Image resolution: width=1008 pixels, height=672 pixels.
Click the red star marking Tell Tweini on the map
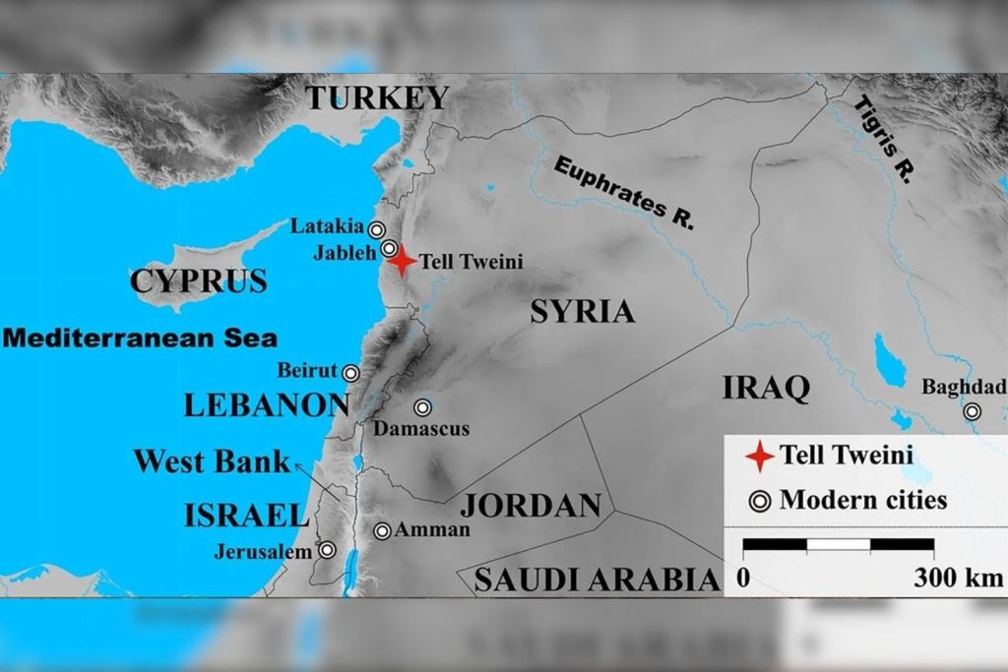(401, 261)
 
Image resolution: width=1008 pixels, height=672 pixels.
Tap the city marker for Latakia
(377, 230)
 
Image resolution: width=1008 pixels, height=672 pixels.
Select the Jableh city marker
(390, 249)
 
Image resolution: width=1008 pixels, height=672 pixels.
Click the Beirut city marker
(350, 373)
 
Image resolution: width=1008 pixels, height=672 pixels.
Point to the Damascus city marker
(422, 407)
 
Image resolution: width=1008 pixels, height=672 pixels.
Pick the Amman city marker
(382, 531)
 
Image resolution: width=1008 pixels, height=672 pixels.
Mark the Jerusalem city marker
(326, 551)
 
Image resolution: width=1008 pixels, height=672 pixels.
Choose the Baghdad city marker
(973, 411)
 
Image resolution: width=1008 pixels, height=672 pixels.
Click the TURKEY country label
(376, 98)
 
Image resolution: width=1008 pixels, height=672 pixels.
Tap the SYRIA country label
(582, 312)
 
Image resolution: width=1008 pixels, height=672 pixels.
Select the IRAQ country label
(766, 388)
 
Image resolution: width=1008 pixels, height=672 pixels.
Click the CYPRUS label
(198, 281)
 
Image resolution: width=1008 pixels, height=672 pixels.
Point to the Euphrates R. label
(624, 193)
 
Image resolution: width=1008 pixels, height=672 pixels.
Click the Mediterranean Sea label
(140, 338)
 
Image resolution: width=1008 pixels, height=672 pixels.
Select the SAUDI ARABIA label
(598, 580)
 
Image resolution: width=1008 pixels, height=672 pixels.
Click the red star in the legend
(759, 457)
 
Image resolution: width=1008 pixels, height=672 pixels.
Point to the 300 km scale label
(958, 578)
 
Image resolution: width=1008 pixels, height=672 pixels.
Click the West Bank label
(212, 461)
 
